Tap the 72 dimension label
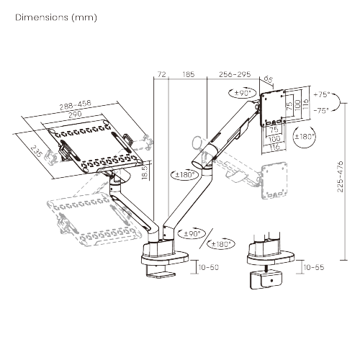tap(161, 73)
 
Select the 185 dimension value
tap(189, 73)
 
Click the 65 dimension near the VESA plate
tap(269, 80)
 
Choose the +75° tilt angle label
tap(321, 94)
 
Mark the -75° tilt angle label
tap(321, 110)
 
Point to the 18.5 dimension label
tap(144, 174)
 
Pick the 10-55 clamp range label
tap(314, 267)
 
